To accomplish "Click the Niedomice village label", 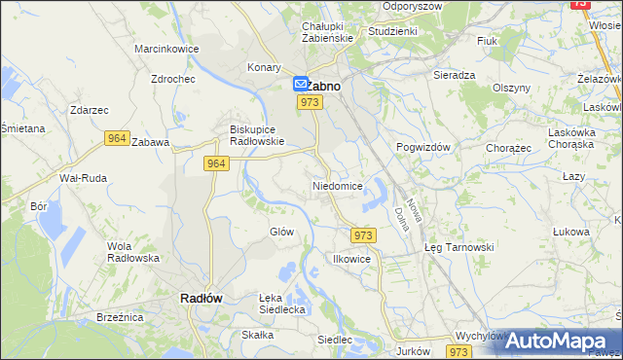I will (338, 185).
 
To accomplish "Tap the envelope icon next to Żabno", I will (301, 86).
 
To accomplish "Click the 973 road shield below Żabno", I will (311, 102).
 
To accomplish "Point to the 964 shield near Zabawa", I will (117, 139).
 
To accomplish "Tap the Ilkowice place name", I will (351, 260).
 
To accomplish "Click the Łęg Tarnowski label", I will (459, 247).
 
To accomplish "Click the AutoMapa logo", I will (552, 341).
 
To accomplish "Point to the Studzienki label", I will (392, 31).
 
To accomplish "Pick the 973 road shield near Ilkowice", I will (363, 235).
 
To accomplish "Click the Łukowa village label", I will (571, 232).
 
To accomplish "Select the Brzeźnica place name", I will (120, 317).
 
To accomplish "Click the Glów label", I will (281, 232).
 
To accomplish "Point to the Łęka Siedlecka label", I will (282, 304).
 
